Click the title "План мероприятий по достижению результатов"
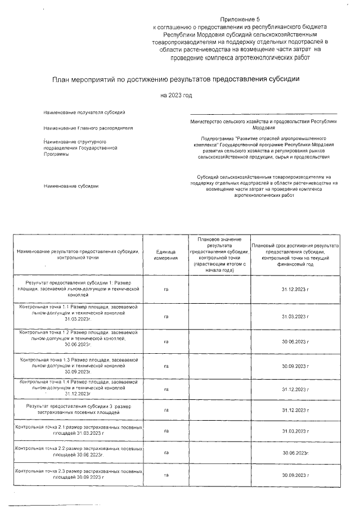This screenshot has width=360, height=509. [176, 80]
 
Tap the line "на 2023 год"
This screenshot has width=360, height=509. [176, 95]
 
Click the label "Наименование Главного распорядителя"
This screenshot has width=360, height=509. [88, 128]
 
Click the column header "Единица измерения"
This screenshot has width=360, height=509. [166, 254]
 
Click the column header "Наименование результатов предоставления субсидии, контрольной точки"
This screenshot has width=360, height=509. [78, 254]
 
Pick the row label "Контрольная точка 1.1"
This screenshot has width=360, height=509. [78, 313]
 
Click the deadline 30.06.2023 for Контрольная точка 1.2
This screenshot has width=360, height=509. [295, 341]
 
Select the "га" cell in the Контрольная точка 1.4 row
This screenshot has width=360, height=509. [166, 389]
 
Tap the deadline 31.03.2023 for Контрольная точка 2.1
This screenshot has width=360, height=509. [295, 431]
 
